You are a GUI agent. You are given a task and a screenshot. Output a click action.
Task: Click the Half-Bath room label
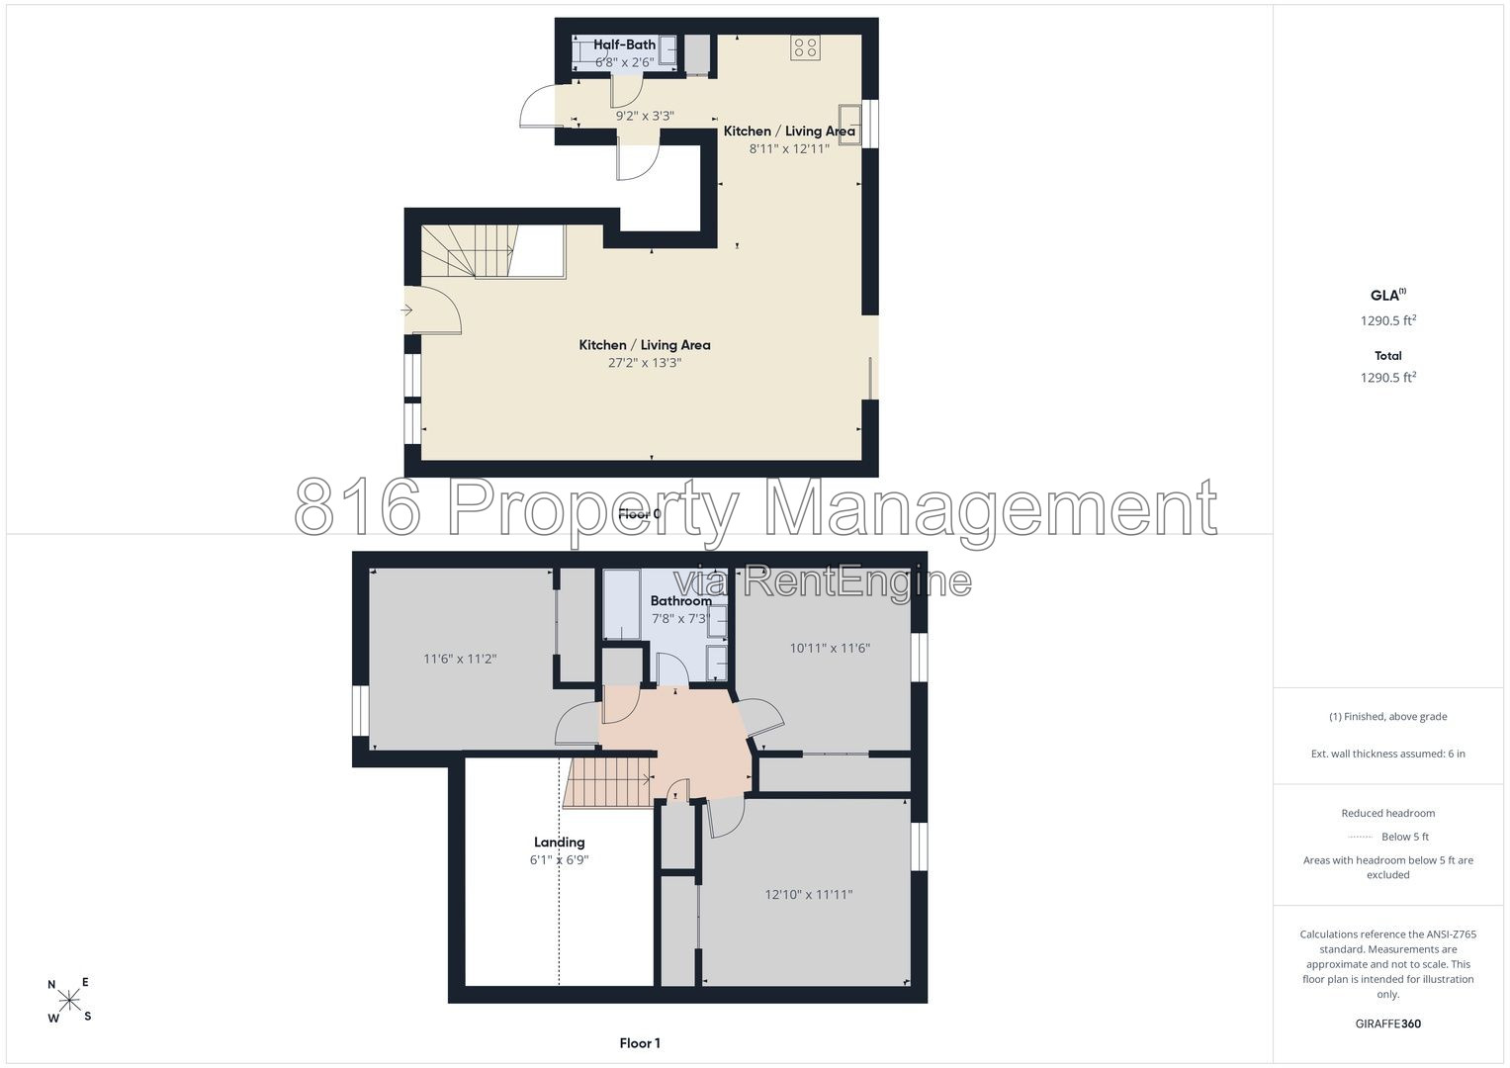624,44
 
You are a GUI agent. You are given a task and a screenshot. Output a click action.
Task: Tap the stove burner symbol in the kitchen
806,47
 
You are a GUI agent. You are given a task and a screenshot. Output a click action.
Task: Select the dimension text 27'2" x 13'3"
645,363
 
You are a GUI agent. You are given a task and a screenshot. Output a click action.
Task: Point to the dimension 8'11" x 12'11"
789,148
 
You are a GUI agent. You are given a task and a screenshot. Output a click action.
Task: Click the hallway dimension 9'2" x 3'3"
645,116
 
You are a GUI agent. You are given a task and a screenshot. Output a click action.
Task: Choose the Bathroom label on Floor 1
681,601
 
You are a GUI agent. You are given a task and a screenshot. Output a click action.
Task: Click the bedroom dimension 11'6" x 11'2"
460,659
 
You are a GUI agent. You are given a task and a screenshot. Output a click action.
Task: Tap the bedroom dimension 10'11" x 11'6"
830,649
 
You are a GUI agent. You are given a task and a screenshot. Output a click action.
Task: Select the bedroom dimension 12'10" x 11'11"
809,895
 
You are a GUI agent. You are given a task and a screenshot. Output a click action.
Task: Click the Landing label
560,843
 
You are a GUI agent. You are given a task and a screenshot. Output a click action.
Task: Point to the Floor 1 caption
640,1043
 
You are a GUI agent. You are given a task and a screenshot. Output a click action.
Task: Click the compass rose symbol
69,1000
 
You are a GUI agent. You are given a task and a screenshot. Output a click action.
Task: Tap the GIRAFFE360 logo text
1388,1023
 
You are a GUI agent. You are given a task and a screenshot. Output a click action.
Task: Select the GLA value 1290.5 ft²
1388,320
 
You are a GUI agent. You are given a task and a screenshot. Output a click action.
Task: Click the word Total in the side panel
1388,355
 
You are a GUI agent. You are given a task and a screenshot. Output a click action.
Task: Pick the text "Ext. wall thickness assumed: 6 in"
1388,754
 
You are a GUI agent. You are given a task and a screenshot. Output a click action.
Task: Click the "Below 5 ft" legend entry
1405,837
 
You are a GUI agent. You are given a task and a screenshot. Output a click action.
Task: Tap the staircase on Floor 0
492,251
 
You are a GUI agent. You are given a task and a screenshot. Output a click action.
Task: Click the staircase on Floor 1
608,781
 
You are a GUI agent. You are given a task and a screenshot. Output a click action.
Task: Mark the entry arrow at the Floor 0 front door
406,311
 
